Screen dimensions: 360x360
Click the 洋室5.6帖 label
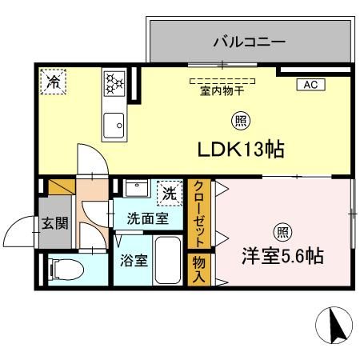(282, 257)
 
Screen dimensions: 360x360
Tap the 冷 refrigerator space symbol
(54, 81)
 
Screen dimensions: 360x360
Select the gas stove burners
(114, 82)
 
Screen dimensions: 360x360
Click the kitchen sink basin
(114, 125)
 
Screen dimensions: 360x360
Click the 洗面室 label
(146, 216)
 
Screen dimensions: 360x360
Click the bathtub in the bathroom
(168, 261)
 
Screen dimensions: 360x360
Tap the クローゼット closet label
(198, 214)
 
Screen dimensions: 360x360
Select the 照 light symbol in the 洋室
(282, 231)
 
